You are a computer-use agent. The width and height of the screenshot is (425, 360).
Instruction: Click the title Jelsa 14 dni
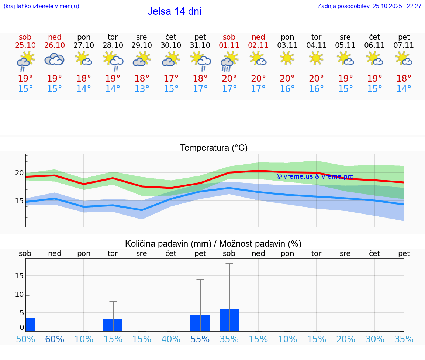pyautogui.click(x=174, y=11)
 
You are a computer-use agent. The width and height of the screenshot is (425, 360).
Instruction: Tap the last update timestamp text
pyautogui.click(x=369, y=6)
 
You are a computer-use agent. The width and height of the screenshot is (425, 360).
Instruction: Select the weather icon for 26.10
pyautogui.click(x=55, y=59)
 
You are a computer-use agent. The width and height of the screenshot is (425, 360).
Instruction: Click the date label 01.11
pyautogui.click(x=229, y=45)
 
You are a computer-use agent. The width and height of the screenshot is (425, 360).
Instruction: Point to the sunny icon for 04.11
pyautogui.click(x=316, y=58)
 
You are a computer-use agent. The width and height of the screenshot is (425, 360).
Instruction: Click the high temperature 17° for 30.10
pyautogui.click(x=171, y=79)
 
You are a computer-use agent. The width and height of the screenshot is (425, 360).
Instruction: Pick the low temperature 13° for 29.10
pyautogui.click(x=142, y=89)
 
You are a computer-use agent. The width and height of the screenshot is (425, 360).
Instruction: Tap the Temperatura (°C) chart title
pyautogui.click(x=214, y=148)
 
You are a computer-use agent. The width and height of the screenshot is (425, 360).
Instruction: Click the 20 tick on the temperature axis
pyautogui.click(x=19, y=173)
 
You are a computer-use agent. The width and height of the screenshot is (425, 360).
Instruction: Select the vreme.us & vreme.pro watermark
pyautogui.click(x=315, y=176)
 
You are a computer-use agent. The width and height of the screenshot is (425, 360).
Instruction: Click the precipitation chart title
pyautogui.click(x=213, y=244)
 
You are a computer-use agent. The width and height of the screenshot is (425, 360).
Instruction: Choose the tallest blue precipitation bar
pyautogui.click(x=229, y=320)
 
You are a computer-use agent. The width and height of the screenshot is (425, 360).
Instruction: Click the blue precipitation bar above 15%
pyautogui.click(x=113, y=325)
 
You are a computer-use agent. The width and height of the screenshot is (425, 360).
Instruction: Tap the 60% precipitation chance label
pyautogui.click(x=55, y=339)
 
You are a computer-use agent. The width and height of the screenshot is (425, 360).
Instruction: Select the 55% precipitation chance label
pyautogui.click(x=200, y=339)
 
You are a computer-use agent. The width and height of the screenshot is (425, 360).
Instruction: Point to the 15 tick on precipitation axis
pyautogui.click(x=19, y=276)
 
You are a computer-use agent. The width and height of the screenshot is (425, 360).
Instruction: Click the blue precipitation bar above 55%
pyautogui.click(x=200, y=323)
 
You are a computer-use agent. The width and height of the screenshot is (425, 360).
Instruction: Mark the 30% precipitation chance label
pyautogui.click(x=375, y=339)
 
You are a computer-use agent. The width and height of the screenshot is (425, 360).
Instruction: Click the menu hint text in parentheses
pyautogui.click(x=41, y=6)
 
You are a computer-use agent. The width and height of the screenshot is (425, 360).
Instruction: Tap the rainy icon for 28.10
pyautogui.click(x=113, y=61)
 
